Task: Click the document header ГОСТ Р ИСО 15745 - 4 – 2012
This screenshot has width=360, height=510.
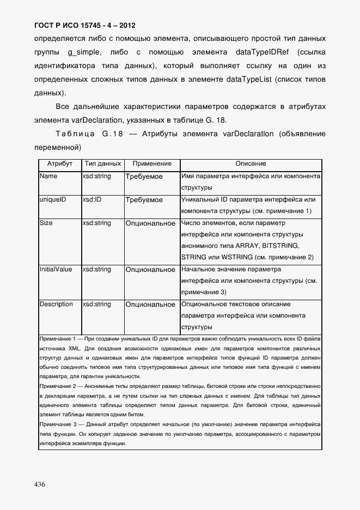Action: click(84, 26)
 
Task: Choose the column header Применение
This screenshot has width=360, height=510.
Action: click(152, 164)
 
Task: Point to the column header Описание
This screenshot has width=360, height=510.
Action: click(251, 164)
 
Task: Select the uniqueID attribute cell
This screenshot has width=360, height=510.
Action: click(53, 200)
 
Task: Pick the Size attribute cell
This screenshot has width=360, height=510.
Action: click(46, 223)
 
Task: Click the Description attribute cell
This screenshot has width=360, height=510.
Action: click(56, 304)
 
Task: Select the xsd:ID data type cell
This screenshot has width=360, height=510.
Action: click(92, 200)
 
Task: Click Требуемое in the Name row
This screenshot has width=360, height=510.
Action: click(144, 177)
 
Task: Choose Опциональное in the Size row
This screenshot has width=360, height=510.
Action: click(150, 223)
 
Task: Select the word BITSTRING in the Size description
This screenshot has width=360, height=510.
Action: click(279, 246)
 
